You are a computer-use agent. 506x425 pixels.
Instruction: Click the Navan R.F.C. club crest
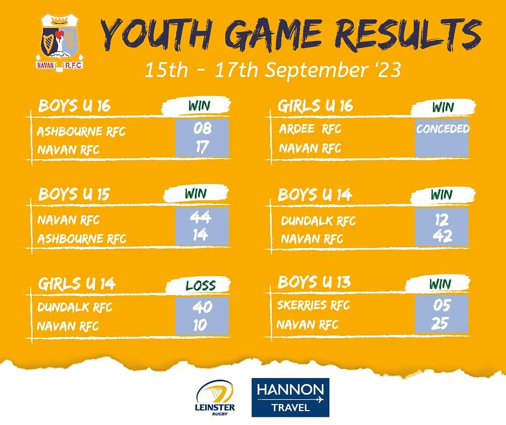(x=59, y=43)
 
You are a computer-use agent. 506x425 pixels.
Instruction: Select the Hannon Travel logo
(x=291, y=397)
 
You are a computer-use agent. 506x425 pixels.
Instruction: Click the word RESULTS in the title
(x=408, y=35)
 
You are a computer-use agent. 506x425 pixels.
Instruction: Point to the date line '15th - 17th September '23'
(x=273, y=70)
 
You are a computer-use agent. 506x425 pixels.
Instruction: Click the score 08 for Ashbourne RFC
(x=202, y=129)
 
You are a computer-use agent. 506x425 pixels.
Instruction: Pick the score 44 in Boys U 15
(x=200, y=217)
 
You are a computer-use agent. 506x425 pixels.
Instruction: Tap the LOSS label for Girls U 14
(x=200, y=286)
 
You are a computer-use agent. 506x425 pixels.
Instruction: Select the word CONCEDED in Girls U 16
(x=442, y=129)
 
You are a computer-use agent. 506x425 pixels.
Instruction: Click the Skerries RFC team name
(x=313, y=305)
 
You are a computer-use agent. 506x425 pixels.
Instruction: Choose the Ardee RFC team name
(x=310, y=129)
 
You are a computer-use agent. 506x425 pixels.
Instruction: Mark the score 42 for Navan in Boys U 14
(x=442, y=236)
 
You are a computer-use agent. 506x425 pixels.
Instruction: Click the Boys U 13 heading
(x=314, y=282)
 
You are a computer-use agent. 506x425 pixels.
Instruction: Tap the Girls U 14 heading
(x=76, y=284)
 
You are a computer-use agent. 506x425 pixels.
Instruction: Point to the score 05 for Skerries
(x=441, y=305)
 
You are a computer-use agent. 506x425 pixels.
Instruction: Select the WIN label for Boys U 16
(x=199, y=106)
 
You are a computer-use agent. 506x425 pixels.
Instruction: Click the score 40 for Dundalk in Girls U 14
(x=202, y=307)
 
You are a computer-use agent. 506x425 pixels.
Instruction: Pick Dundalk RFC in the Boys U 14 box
(x=318, y=221)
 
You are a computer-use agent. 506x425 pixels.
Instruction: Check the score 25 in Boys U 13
(x=440, y=324)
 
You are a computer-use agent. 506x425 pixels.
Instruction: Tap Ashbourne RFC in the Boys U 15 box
(x=82, y=239)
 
